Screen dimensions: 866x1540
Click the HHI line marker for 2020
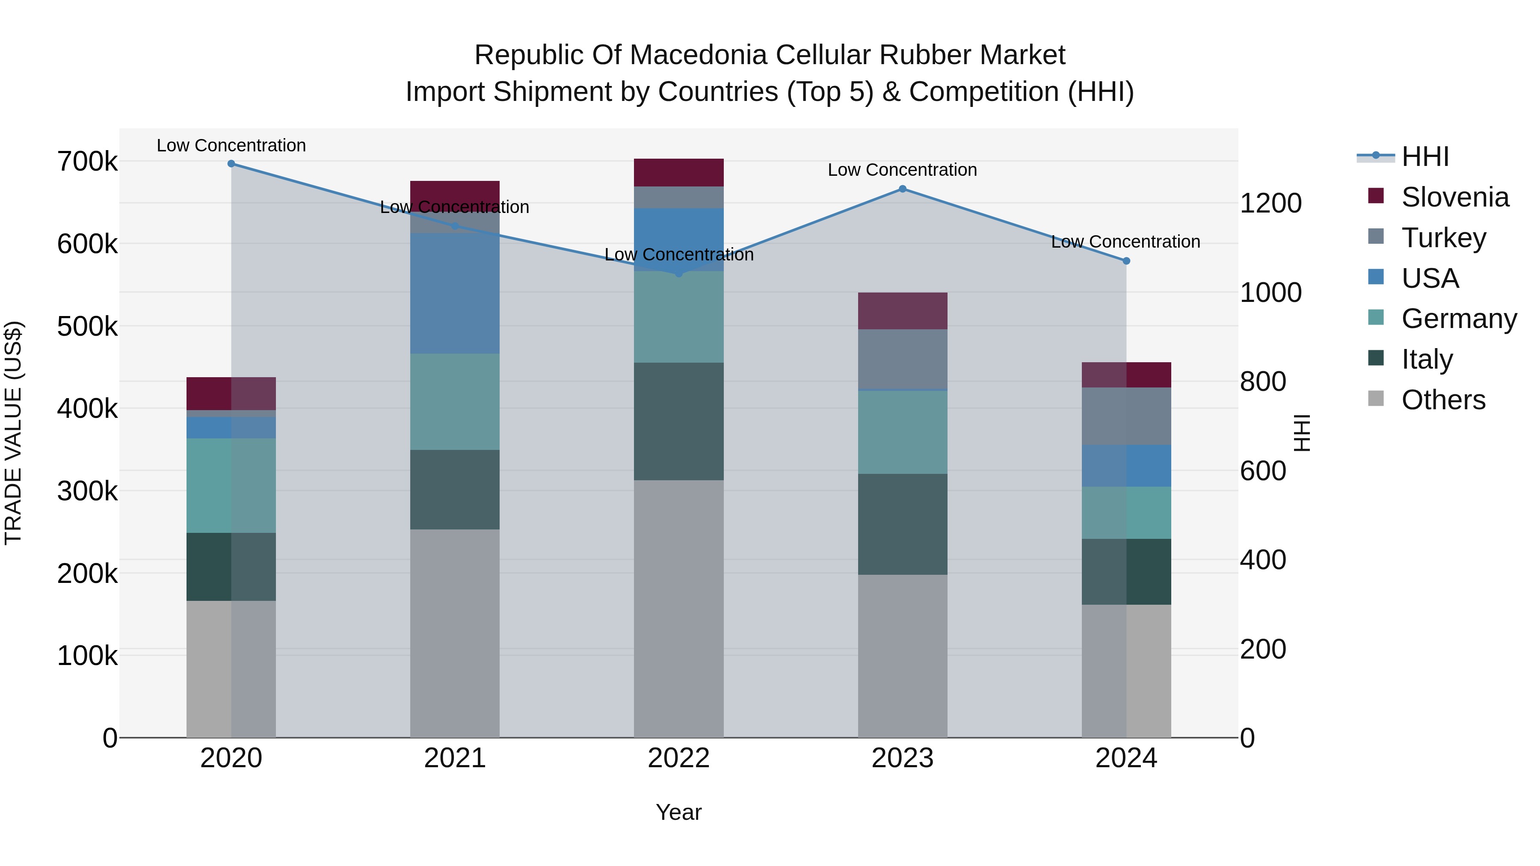point(231,164)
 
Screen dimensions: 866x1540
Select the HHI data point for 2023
point(903,189)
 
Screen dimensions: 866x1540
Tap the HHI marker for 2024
point(1126,260)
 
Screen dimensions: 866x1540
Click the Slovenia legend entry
point(1454,197)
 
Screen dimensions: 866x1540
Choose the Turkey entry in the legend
point(1443,238)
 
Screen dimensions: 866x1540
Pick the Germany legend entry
point(1459,319)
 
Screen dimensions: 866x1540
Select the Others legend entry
point(1443,400)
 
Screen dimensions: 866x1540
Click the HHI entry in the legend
point(1424,157)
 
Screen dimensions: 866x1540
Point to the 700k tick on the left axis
point(87,161)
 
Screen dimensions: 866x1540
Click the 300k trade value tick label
point(87,491)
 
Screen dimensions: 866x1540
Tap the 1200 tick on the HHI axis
point(1270,203)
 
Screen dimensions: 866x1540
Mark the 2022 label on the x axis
point(678,758)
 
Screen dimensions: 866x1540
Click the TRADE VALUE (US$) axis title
point(14,433)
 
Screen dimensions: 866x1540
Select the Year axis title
point(678,812)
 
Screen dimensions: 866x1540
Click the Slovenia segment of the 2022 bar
point(678,173)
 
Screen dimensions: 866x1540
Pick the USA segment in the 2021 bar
point(455,293)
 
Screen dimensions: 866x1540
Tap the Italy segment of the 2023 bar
point(903,524)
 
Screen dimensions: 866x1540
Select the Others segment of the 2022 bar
point(678,609)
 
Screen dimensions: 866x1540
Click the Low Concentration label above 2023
point(902,170)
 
